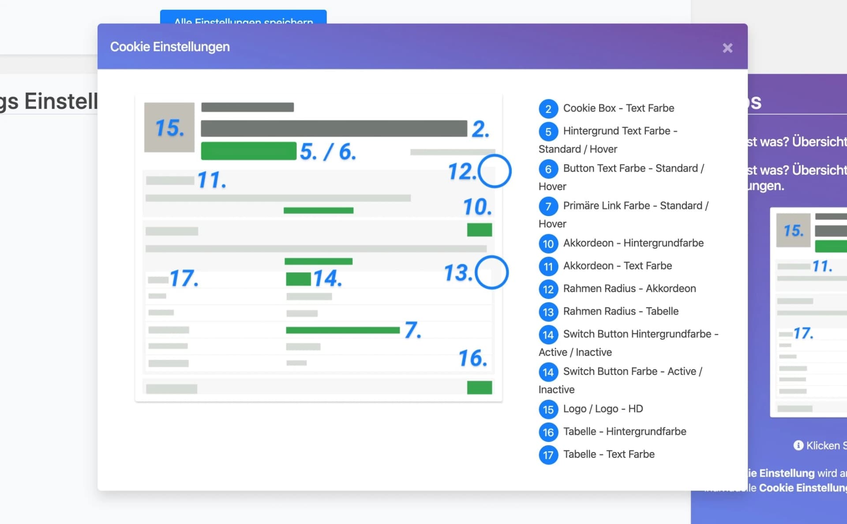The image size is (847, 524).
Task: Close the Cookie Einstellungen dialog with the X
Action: click(727, 48)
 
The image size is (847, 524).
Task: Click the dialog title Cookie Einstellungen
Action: click(170, 47)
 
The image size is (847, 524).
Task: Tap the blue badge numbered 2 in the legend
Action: click(548, 109)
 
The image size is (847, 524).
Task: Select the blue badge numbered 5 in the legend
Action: click(548, 131)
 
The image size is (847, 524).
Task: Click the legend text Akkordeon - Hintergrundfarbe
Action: click(633, 243)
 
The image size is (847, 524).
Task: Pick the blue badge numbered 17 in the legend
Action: click(548, 455)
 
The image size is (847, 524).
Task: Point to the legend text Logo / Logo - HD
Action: click(603, 409)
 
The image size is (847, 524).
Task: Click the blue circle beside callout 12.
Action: click(495, 171)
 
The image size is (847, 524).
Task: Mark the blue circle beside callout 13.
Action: click(492, 273)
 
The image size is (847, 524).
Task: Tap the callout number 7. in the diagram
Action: click(413, 330)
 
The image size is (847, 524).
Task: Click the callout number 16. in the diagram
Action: click(472, 358)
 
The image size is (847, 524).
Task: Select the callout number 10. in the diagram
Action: click(477, 207)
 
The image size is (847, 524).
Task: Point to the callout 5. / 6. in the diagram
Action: click(328, 152)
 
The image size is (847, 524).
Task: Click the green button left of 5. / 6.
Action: click(248, 151)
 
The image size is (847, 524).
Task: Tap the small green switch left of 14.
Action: click(298, 279)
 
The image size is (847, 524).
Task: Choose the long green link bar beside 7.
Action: click(342, 330)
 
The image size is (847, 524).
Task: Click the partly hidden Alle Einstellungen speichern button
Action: click(243, 18)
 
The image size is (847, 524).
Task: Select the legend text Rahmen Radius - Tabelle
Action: click(621, 311)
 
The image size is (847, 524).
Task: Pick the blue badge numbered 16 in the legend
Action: click(548, 432)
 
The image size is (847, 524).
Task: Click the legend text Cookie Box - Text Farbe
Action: click(618, 109)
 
